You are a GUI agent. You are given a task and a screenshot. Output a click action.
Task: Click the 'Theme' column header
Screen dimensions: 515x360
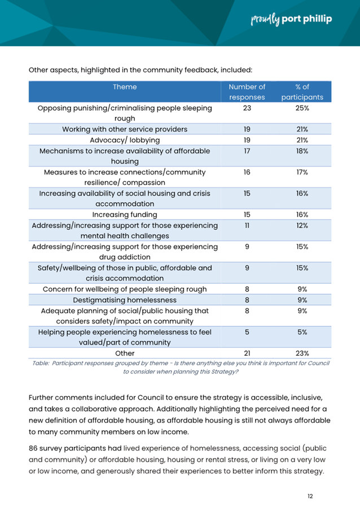coord(125,87)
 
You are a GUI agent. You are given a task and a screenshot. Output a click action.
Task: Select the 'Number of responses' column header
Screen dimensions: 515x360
coord(247,92)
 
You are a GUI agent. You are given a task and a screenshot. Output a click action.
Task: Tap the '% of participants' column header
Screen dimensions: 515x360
coord(302,92)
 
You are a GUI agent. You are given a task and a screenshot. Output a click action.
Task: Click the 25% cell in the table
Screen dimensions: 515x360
coord(302,108)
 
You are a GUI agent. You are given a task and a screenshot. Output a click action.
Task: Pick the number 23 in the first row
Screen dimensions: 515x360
coord(247,108)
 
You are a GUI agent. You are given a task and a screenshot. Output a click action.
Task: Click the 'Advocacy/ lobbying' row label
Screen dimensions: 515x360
coord(125,140)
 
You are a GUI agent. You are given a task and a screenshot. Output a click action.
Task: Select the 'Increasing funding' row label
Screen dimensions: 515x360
coord(125,215)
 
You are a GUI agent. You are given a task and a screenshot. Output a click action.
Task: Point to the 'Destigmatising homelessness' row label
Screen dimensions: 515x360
coord(125,300)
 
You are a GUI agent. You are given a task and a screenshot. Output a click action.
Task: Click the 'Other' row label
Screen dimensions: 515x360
coord(125,353)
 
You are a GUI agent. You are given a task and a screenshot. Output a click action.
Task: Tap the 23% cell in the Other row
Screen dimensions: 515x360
coord(302,353)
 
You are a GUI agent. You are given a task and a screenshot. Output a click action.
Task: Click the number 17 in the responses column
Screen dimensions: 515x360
coord(247,151)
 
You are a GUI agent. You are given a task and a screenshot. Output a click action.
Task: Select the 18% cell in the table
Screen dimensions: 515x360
coord(302,151)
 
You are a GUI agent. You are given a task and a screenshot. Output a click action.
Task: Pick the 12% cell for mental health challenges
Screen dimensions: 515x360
coord(302,225)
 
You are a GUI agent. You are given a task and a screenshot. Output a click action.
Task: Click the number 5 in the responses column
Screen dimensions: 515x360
coord(247,332)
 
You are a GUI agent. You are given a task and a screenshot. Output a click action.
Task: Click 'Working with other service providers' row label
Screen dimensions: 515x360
coord(125,129)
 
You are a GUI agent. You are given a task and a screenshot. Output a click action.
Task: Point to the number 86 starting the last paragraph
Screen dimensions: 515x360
coord(34,448)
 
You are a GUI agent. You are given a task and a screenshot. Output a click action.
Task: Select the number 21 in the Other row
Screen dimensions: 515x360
coord(247,353)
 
